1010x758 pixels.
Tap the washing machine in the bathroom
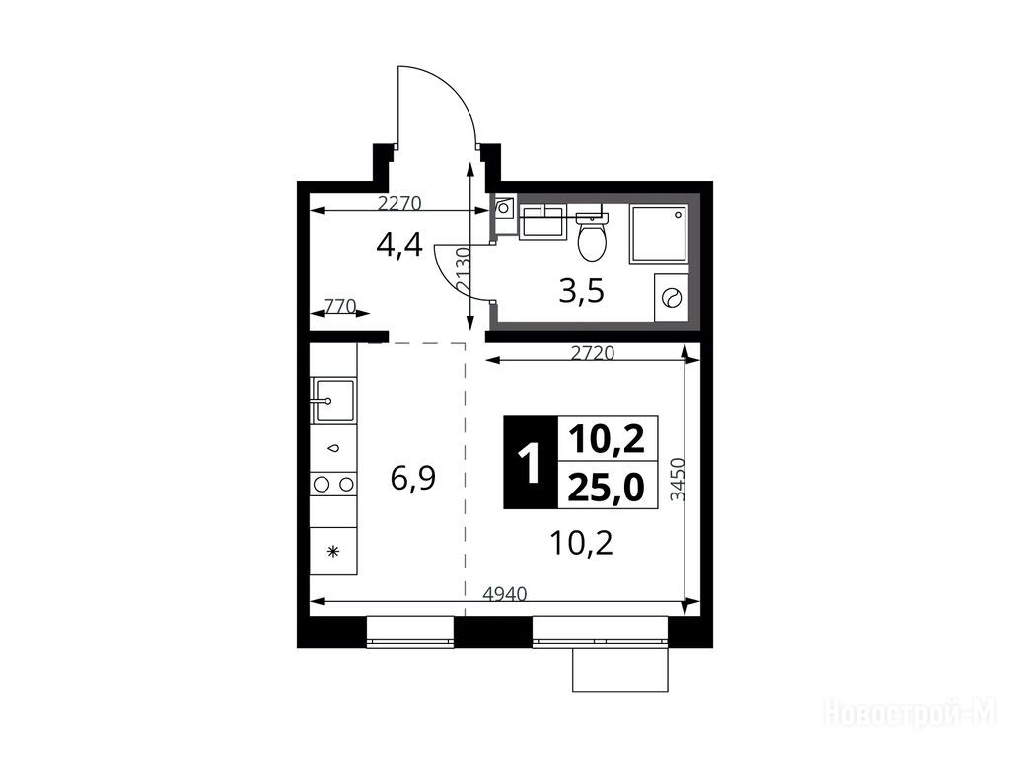coord(671,297)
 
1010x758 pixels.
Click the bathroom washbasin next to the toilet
coord(542,222)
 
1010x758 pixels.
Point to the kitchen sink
coord(333,401)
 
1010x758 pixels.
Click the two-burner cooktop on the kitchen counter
coord(333,484)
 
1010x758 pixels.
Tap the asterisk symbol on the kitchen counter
coord(333,551)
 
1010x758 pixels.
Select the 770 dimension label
coord(339,306)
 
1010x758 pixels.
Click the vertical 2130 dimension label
coord(464,270)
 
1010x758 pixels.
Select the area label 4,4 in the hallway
coord(399,246)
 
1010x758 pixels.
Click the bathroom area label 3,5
coord(582,292)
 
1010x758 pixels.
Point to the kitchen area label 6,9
coord(413,479)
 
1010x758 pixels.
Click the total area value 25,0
coord(607,488)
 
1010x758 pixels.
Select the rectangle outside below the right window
coord(620,670)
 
